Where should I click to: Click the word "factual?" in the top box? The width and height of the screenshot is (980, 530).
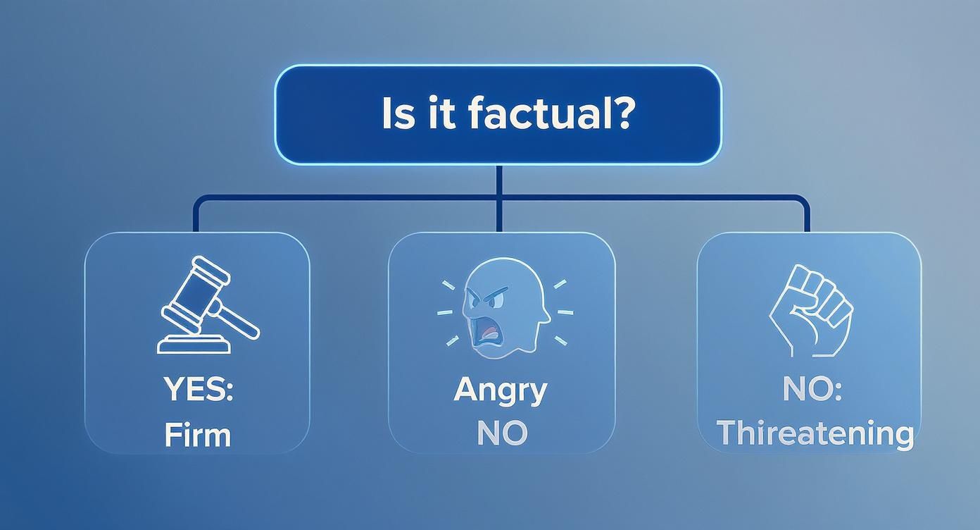(x=550, y=113)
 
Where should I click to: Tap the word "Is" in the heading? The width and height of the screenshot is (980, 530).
(x=397, y=113)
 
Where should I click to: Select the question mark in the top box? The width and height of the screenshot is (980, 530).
(x=620, y=113)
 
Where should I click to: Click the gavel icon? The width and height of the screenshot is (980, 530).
(x=208, y=305)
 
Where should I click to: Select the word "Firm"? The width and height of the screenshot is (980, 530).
(x=198, y=435)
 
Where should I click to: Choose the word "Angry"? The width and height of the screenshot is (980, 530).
(x=501, y=390)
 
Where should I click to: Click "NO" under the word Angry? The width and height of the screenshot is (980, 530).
(x=502, y=433)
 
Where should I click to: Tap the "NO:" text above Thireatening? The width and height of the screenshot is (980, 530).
(x=812, y=389)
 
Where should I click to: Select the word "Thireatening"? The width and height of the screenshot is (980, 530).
(x=815, y=433)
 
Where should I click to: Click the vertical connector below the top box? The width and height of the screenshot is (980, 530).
(x=499, y=199)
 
